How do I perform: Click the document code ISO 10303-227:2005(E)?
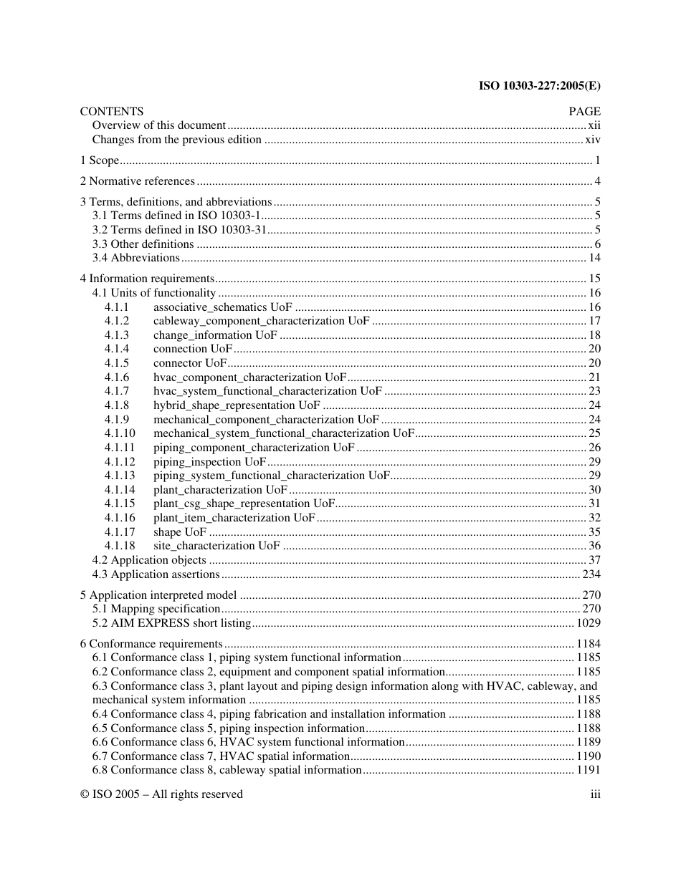click(539, 86)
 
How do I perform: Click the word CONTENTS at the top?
click(111, 111)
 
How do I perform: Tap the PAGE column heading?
click(584, 111)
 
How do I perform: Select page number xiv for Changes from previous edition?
click(592, 140)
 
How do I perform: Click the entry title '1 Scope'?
click(100, 160)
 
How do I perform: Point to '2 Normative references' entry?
click(137, 181)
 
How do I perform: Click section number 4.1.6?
click(117, 377)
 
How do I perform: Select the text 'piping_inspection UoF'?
click(209, 461)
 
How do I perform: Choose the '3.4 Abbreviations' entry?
click(135, 258)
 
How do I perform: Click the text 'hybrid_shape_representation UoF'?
click(237, 405)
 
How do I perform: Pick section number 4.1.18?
click(120, 546)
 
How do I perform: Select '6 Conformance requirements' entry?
click(151, 644)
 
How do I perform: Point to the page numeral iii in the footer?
click(595, 794)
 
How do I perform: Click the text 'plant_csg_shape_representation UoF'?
click(244, 504)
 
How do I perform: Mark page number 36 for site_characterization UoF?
click(594, 546)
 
